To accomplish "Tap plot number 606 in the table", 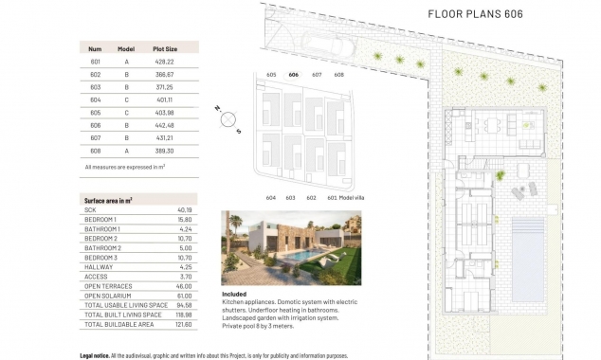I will tap(95, 124).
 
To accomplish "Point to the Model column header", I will tap(126, 47).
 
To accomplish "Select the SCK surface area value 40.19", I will tap(184, 210).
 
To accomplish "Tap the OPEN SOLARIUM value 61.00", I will tap(184, 296).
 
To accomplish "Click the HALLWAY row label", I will tap(99, 267).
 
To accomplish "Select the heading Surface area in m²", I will tap(108, 201).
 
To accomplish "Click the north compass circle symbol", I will tap(227, 118).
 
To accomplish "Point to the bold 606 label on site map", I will tap(294, 74).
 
